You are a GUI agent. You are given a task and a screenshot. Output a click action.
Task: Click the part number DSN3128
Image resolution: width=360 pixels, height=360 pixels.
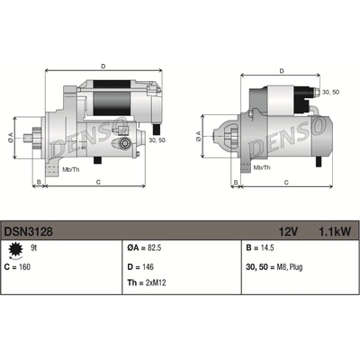29,231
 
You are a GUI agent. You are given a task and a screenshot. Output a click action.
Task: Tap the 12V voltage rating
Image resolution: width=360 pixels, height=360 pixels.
288,231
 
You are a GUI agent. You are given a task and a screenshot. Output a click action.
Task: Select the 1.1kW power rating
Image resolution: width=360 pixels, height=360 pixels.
335,231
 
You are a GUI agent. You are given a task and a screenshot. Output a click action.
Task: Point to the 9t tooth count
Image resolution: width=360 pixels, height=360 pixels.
34,248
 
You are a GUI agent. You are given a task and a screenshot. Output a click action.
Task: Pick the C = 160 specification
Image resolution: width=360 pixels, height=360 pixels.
18,267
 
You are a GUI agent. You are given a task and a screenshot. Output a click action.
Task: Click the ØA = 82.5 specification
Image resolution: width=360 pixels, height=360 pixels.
144,248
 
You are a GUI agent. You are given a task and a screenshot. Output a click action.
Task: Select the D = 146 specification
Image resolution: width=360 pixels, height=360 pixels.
140,267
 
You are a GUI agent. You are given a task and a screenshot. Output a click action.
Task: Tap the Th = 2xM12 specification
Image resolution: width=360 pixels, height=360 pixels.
147,283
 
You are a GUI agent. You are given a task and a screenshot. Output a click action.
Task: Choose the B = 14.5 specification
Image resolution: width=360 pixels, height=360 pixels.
260,248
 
